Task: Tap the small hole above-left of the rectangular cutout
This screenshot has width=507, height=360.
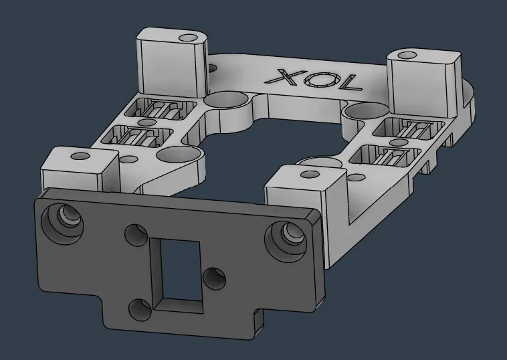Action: (136, 235)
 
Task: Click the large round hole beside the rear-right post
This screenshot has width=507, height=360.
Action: (362, 111)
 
